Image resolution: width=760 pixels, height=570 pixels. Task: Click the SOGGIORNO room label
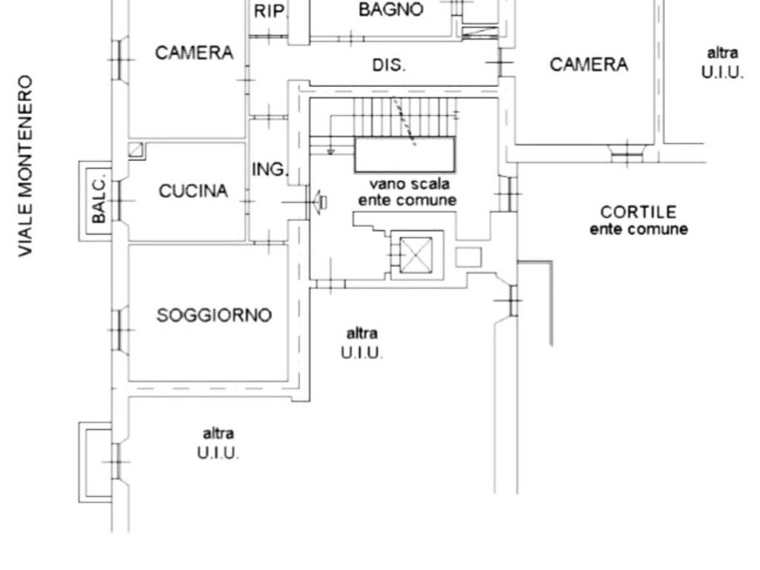[x=214, y=315]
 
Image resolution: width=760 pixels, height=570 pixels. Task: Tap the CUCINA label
[x=193, y=191]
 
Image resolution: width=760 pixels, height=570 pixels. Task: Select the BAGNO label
[x=391, y=10]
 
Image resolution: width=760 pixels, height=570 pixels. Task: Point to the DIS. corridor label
[x=389, y=65]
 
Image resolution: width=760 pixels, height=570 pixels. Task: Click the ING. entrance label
[x=270, y=170]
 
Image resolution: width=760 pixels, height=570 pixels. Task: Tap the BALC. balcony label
[x=99, y=200]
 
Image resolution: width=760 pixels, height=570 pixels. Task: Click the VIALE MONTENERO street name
[x=25, y=166]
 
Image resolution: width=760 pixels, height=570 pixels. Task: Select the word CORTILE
[x=638, y=212]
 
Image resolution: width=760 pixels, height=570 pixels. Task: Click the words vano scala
[x=410, y=184]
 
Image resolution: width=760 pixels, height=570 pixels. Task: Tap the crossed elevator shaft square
[x=416, y=255]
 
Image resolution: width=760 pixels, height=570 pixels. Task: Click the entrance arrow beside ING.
[x=319, y=202]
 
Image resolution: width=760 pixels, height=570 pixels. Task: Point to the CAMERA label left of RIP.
[x=194, y=53]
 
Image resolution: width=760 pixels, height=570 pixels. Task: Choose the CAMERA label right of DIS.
[x=589, y=65]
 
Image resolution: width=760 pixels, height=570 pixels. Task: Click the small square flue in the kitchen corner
[x=136, y=150]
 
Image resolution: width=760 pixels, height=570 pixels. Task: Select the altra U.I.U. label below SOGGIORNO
[x=218, y=444]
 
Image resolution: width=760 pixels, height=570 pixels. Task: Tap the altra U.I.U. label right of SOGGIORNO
[x=361, y=343]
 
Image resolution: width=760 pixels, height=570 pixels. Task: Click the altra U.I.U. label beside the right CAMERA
[x=722, y=63]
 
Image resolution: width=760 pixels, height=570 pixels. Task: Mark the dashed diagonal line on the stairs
[x=404, y=122]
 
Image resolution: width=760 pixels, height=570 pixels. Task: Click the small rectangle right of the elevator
[x=469, y=258]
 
